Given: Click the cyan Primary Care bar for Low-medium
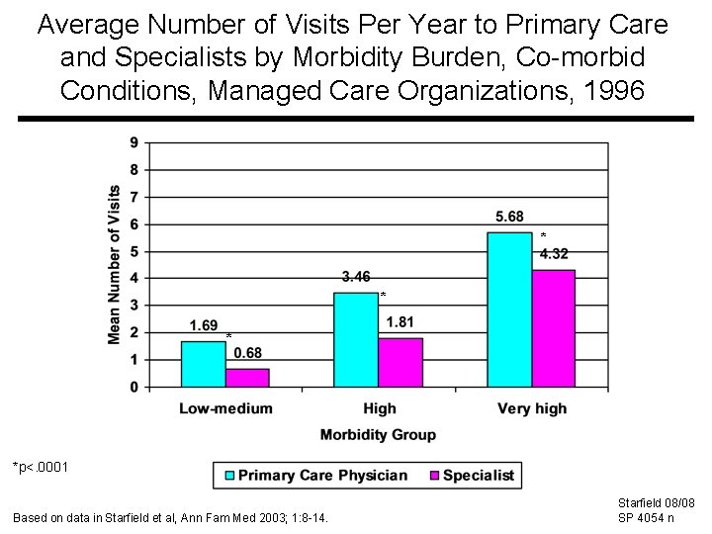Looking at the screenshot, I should (x=203, y=364).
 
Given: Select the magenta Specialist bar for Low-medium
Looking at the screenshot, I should (x=247, y=378).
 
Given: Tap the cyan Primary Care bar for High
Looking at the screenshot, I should (x=356, y=339).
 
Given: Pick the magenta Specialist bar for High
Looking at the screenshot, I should (x=400, y=362).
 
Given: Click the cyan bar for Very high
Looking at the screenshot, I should (x=509, y=310).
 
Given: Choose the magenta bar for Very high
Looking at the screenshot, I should (x=554, y=328).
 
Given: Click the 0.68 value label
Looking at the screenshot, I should (x=248, y=354).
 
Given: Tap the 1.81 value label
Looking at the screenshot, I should (x=400, y=321).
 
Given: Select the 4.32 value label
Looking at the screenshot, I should (x=554, y=254).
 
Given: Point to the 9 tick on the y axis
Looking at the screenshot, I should (x=134, y=142).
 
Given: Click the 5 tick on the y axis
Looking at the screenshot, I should (x=134, y=251).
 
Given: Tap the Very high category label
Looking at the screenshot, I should (x=532, y=408).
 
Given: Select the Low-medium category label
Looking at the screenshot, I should (x=225, y=408).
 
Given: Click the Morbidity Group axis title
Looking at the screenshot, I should (x=378, y=435).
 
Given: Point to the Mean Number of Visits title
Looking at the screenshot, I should (x=115, y=265).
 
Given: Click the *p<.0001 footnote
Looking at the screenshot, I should (x=41, y=466).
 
